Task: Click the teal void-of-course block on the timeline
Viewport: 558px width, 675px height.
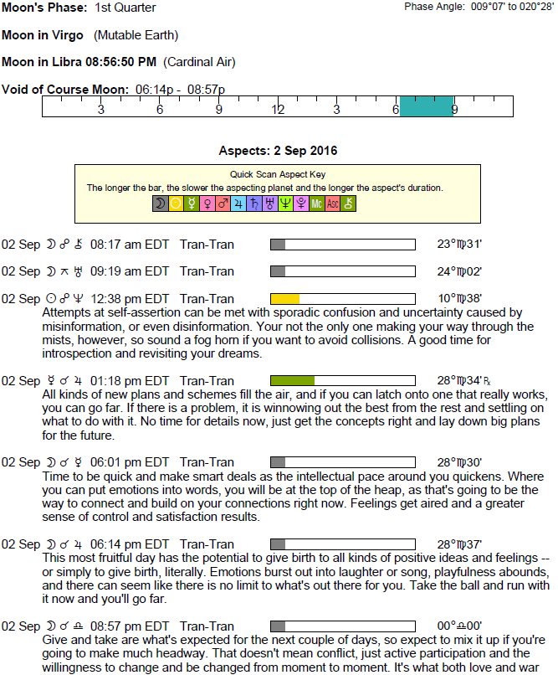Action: tap(427, 107)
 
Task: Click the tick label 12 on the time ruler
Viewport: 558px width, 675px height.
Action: tap(278, 110)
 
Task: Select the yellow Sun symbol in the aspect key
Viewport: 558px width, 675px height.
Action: tap(176, 204)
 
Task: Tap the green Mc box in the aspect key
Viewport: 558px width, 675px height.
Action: tap(317, 204)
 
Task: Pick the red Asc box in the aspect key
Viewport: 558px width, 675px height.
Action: tap(333, 204)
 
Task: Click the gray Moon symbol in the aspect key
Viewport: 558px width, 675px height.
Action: tap(160, 204)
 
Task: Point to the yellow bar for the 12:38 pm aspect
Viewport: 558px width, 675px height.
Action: tap(284, 299)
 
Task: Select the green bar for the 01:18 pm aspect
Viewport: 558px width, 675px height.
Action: tap(292, 380)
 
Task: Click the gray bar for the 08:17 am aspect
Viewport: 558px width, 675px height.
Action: tap(278, 245)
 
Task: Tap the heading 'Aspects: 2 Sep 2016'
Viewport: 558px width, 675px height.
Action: tap(278, 152)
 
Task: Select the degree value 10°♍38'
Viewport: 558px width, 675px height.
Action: tap(459, 299)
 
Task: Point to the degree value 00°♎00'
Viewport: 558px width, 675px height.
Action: tap(459, 626)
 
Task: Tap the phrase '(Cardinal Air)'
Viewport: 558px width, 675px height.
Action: tap(199, 62)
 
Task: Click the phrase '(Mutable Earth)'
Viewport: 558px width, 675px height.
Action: tap(136, 35)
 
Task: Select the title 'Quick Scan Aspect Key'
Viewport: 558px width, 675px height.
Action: tap(277, 174)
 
